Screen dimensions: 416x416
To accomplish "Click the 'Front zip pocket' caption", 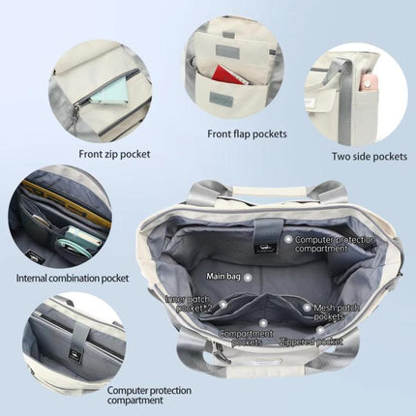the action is tap(114, 154).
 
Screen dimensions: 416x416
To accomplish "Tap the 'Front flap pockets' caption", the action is tap(247, 134).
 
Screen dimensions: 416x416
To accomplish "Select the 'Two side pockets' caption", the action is tap(370, 157).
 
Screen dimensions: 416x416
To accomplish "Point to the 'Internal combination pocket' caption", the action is tap(73, 278).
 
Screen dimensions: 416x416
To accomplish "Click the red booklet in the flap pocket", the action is tap(227, 75).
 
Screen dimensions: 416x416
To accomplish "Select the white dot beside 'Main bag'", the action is tap(248, 278).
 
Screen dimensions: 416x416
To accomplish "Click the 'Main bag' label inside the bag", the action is tap(223, 277).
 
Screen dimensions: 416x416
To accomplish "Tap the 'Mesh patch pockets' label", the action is tap(337, 312).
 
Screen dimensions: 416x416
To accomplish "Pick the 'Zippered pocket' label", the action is tap(311, 342).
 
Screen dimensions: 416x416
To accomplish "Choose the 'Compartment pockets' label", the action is tap(246, 338).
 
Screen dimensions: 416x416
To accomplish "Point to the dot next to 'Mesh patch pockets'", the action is tap(307, 308).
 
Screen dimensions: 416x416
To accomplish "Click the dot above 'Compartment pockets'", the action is tap(263, 323).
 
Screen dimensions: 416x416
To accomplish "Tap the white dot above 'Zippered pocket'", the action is tap(320, 330).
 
